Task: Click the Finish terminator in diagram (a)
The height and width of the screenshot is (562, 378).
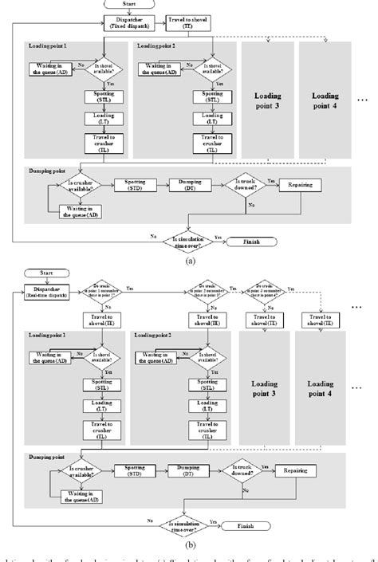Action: point(251,241)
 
